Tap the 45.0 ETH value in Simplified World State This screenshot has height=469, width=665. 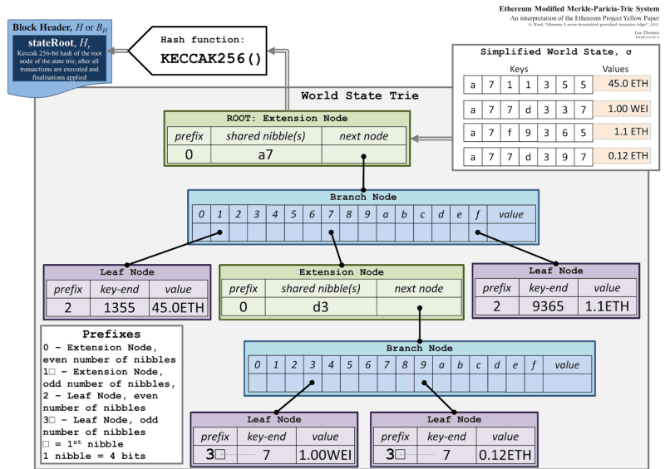(x=622, y=83)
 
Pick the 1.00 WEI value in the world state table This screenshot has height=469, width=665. (x=622, y=107)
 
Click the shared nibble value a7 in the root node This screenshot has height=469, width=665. (x=266, y=154)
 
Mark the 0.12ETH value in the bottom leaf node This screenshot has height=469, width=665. (x=504, y=456)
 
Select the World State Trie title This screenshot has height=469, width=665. (x=359, y=96)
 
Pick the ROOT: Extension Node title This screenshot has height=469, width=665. (x=286, y=119)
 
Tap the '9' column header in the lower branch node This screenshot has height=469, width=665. (x=424, y=364)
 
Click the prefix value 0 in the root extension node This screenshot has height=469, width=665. (x=189, y=154)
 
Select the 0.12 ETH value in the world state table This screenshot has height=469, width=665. (x=622, y=155)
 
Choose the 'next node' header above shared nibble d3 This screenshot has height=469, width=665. (x=419, y=289)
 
